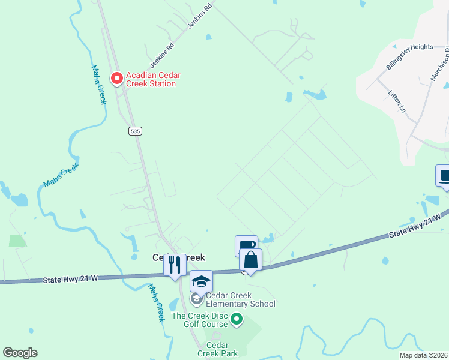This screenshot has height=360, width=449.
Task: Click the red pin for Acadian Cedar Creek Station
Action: point(116,78)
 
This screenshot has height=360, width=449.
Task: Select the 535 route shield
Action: point(135,130)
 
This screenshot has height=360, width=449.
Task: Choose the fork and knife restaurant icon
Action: point(175,265)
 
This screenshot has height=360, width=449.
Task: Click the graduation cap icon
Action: point(201,281)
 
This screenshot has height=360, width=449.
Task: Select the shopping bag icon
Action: point(250,260)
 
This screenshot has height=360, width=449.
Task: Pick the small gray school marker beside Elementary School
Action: point(196,298)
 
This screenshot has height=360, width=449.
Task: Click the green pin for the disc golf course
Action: point(237,319)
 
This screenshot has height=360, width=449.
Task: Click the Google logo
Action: point(20,353)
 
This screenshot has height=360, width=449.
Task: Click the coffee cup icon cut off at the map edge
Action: point(444,177)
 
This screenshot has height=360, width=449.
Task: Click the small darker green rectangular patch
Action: point(17,241)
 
